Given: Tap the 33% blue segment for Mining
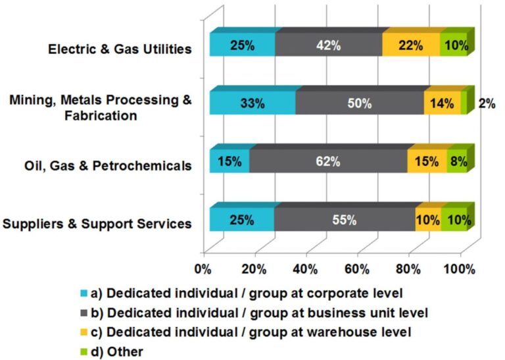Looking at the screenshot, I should coord(252,103).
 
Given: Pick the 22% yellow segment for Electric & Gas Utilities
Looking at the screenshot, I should coord(411,46).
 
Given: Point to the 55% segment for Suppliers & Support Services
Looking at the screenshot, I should coord(344,220).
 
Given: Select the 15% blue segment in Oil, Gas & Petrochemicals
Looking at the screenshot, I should coord(229,161).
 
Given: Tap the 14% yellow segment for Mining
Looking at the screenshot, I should coord(442,103).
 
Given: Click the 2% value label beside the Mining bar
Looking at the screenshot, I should coord(487,103).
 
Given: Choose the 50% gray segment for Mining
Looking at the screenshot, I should coord(359,103).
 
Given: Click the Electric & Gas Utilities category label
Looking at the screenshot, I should coord(120,49).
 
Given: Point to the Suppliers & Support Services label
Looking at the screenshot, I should coord(97,223).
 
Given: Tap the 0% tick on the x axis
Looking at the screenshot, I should coord(204,269).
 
